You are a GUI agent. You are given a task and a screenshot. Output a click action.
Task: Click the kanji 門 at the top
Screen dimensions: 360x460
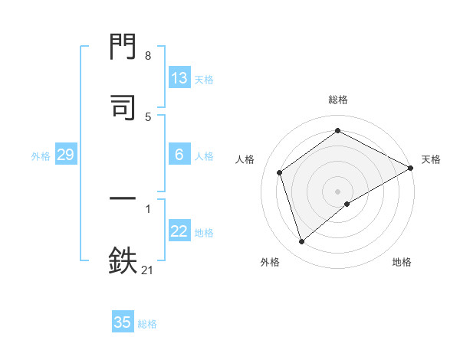click(x=123, y=47)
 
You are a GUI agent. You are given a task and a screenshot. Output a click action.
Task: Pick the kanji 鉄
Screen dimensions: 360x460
click(x=123, y=260)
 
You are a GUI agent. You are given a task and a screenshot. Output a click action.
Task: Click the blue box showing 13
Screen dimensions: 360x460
click(x=179, y=78)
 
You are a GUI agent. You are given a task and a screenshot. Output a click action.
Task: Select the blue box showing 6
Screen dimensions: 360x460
click(x=179, y=155)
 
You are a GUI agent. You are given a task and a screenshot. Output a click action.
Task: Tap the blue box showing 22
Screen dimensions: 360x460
click(x=179, y=231)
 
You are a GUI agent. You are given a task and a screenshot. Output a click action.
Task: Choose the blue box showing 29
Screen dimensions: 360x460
click(x=65, y=155)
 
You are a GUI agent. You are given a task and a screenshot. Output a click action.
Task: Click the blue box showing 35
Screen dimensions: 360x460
click(x=123, y=322)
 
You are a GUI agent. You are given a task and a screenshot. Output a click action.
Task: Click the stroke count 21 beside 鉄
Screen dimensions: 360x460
click(x=147, y=269)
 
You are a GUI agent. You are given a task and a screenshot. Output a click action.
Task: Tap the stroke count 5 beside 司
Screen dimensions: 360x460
click(x=147, y=116)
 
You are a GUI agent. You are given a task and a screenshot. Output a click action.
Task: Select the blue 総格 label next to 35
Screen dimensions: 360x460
click(x=148, y=324)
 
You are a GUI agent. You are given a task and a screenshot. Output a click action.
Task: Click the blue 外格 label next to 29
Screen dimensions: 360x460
click(x=41, y=156)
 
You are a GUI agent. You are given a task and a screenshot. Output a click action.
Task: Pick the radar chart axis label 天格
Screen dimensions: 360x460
click(x=431, y=159)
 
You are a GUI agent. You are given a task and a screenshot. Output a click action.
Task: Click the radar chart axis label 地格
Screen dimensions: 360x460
click(x=402, y=263)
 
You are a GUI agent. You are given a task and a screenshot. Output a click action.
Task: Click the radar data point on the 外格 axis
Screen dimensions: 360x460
click(x=301, y=242)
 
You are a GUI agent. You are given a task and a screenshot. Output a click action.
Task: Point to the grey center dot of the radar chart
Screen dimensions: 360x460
click(x=337, y=191)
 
